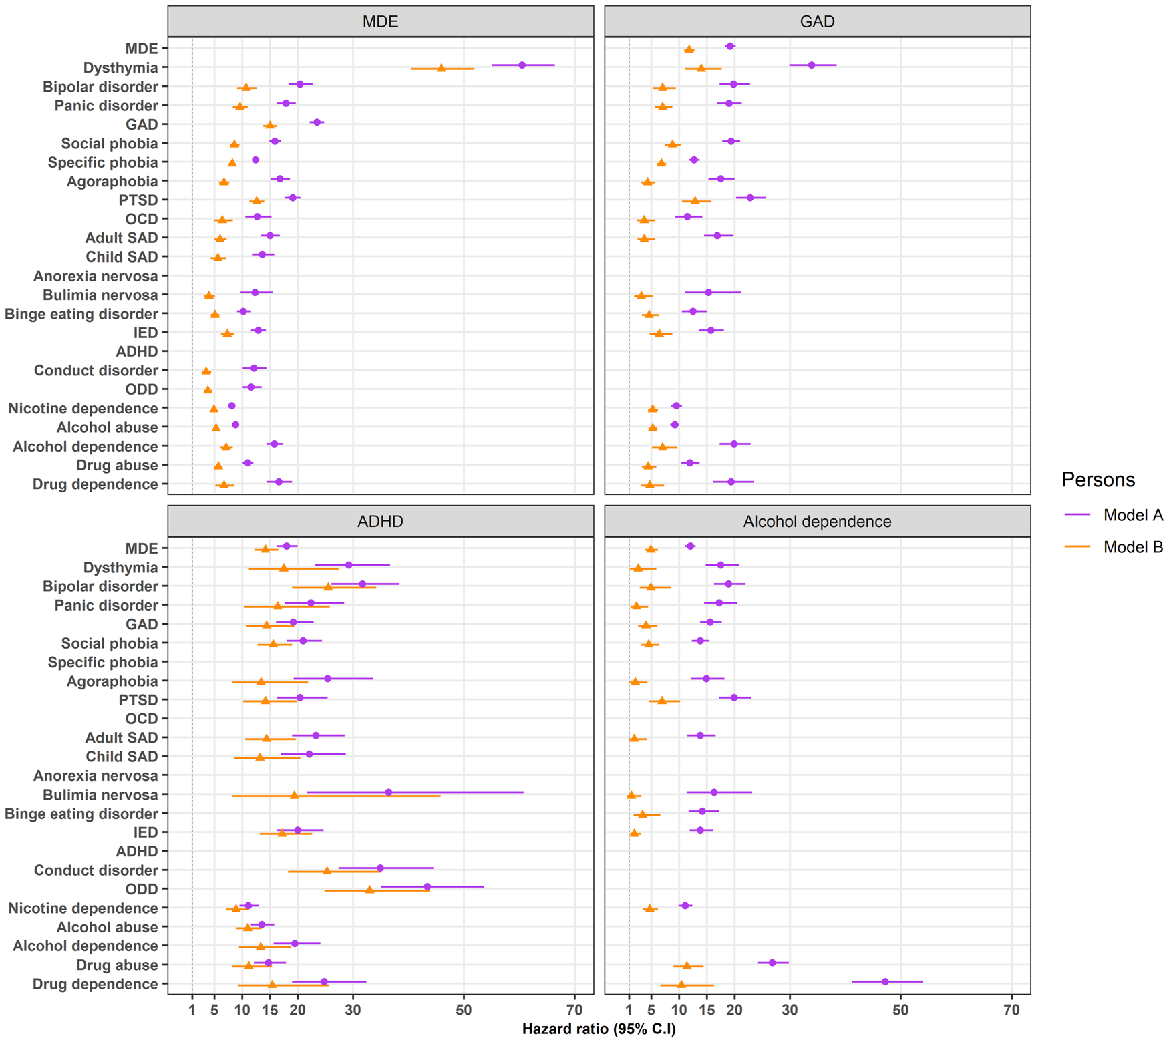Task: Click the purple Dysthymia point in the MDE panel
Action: click(522, 65)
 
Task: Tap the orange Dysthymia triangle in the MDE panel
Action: click(441, 68)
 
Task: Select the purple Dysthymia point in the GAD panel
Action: click(812, 65)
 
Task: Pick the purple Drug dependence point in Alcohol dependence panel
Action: click(885, 981)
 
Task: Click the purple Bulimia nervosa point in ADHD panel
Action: click(389, 792)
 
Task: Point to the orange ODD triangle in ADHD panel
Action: click(369, 890)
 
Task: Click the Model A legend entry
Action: click(1133, 515)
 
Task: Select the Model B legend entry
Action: click(1133, 547)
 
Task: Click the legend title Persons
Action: click(1098, 480)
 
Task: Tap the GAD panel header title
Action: click(817, 22)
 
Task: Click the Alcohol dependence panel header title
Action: click(817, 522)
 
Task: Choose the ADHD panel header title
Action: click(380, 522)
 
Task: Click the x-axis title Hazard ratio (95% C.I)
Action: click(599, 1029)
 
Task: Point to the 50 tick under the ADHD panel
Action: click(464, 1010)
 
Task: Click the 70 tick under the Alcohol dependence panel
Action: click(1011, 1010)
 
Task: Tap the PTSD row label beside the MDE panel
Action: click(138, 200)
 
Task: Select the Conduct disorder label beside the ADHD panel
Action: click(96, 870)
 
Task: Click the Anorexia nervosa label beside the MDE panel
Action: click(96, 276)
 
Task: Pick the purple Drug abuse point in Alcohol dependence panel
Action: click(772, 963)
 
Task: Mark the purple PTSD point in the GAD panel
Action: click(750, 198)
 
